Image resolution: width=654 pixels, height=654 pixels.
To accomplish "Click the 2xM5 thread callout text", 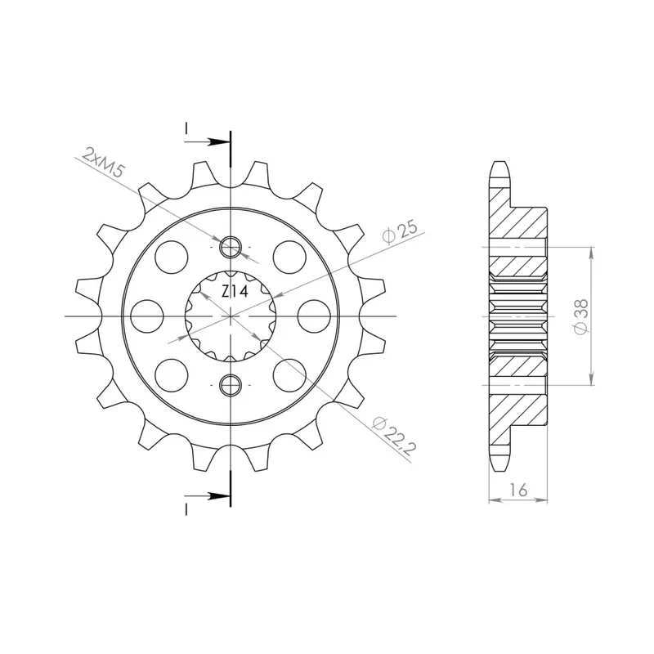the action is click(103, 162).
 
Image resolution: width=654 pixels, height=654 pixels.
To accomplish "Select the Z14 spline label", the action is click(235, 292).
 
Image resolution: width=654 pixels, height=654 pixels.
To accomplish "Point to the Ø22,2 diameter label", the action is click(394, 435).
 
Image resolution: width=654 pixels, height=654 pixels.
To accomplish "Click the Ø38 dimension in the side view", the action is click(580, 316).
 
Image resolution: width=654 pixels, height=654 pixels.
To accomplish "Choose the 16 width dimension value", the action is click(518, 490).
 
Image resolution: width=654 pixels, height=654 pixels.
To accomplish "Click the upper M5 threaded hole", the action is click(231, 247).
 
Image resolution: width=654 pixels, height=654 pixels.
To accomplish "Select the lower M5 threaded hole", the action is click(231, 384).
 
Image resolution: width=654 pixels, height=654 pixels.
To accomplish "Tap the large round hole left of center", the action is click(147, 316).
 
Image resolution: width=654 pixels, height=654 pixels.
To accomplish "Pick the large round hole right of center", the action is click(315, 316).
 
